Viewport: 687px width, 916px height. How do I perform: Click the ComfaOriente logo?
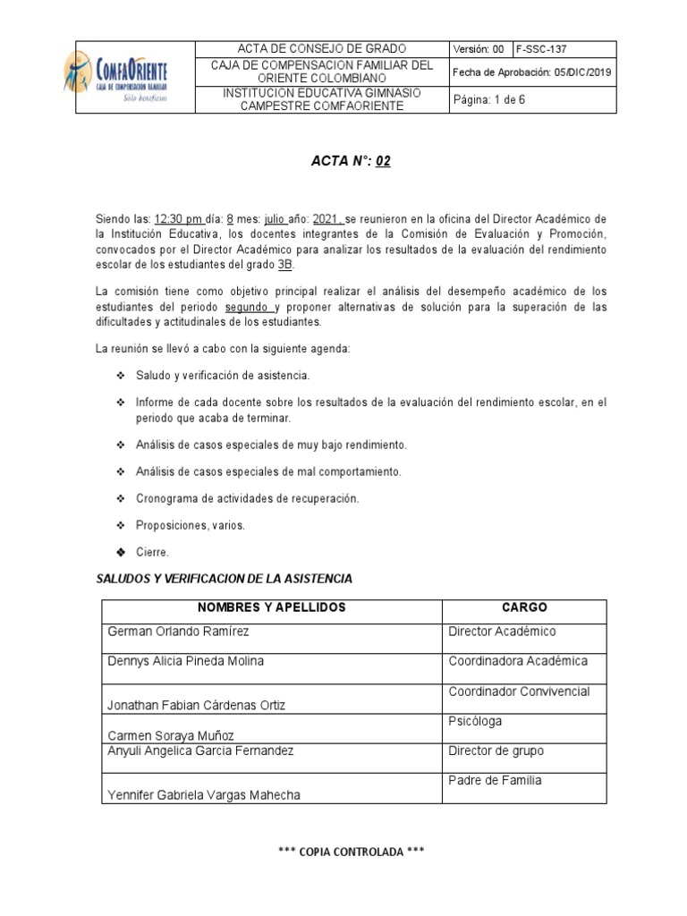click(115, 77)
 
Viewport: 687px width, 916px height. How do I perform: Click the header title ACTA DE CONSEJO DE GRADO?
click(320, 48)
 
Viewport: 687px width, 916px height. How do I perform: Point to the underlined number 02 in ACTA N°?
click(383, 162)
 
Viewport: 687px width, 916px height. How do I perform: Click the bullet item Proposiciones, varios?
click(190, 525)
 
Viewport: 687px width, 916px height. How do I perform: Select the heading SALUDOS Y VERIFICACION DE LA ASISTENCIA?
click(224, 579)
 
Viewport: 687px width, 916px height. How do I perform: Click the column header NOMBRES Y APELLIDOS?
click(272, 607)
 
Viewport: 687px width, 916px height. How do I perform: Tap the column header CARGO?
click(524, 607)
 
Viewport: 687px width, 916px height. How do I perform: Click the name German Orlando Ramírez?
click(178, 632)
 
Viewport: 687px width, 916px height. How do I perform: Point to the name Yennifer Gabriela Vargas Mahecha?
click(204, 795)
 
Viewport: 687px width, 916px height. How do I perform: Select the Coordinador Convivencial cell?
click(519, 691)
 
